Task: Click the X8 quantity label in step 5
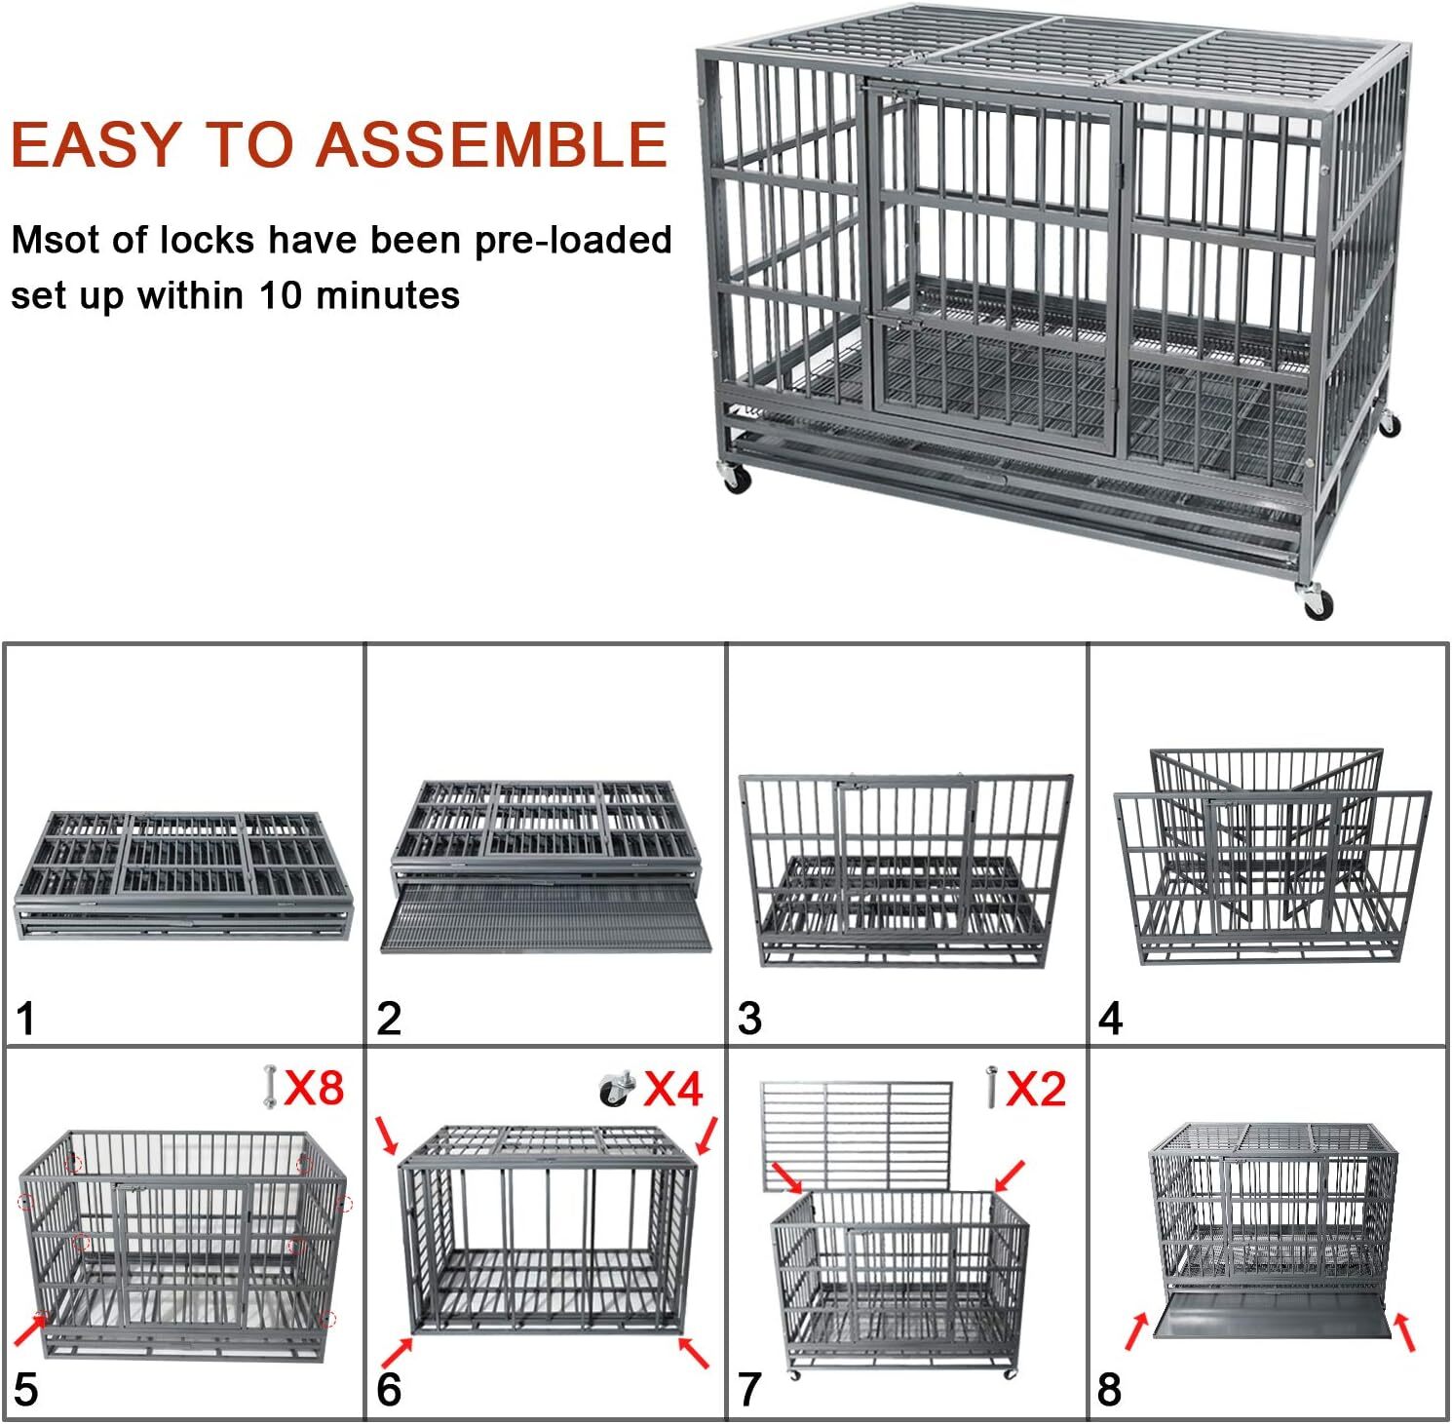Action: [x=314, y=1086]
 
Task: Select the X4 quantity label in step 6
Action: [x=673, y=1088]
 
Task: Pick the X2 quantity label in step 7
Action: [x=1035, y=1088]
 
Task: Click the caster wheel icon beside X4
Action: [x=617, y=1089]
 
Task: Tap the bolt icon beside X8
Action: [x=269, y=1087]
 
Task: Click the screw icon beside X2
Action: [x=991, y=1086]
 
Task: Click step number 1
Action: [x=25, y=1020]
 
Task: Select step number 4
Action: [x=1110, y=1020]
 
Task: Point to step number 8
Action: [x=1109, y=1390]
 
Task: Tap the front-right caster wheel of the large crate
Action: [x=1316, y=601]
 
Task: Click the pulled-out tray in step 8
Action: [x=1270, y=1324]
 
